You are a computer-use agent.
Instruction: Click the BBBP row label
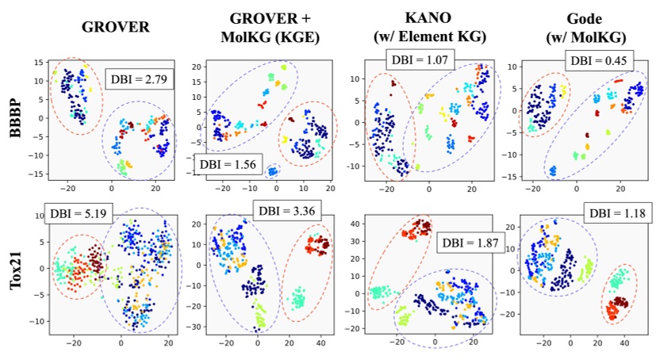click(x=13, y=120)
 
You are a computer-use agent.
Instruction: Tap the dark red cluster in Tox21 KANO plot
click(x=415, y=230)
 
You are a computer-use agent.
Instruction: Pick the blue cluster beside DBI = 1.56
click(x=274, y=170)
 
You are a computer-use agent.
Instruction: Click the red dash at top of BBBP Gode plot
click(x=617, y=81)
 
